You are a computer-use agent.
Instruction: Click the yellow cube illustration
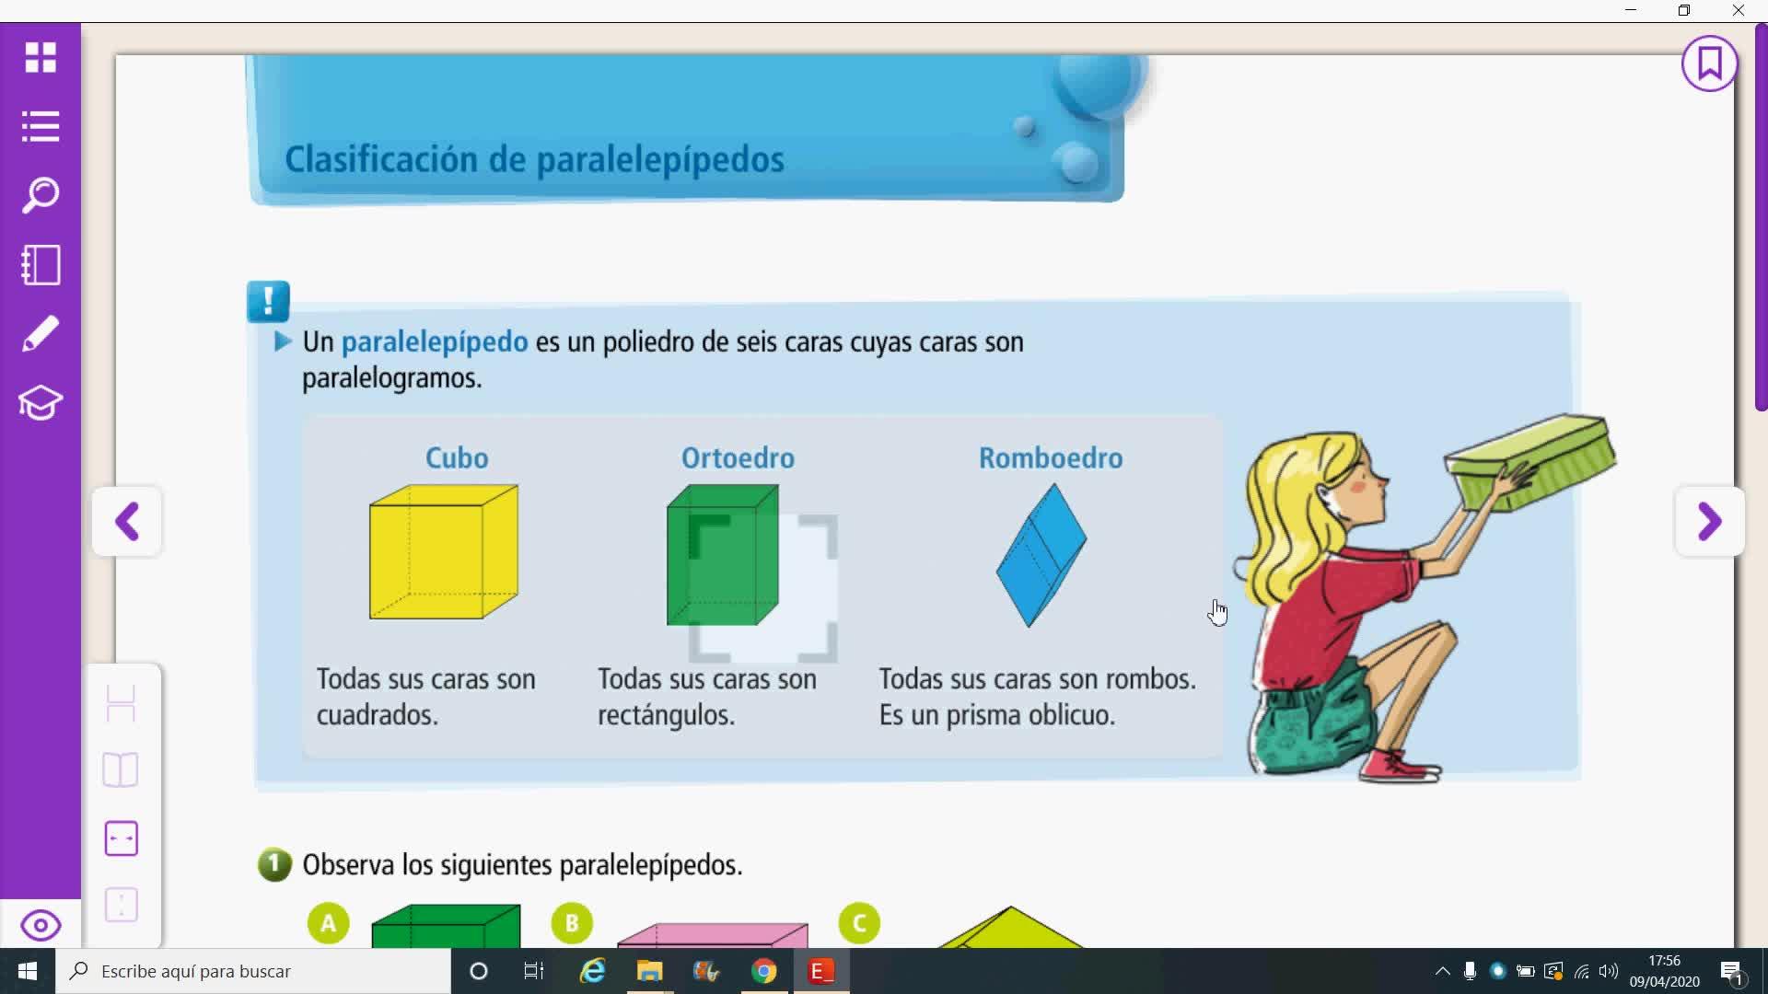tap(444, 552)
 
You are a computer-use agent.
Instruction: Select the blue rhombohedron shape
tap(1041, 556)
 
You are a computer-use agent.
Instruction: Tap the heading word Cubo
tap(457, 457)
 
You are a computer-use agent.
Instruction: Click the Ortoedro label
tap(738, 457)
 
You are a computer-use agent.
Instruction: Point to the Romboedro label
tap(1051, 457)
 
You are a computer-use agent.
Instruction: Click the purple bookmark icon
tap(1710, 64)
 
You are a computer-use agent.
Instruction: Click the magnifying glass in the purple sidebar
tap(41, 195)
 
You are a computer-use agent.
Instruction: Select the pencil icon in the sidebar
tap(41, 333)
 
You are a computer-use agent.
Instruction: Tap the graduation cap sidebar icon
tap(41, 402)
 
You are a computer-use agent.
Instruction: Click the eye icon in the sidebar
tap(41, 925)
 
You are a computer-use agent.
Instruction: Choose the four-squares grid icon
tap(41, 57)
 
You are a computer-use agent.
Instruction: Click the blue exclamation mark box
tap(269, 301)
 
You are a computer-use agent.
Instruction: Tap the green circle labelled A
tap(329, 923)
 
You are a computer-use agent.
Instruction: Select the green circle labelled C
tap(860, 923)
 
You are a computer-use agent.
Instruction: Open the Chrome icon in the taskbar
tap(763, 971)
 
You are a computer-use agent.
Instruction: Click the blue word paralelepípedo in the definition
tap(435, 342)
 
